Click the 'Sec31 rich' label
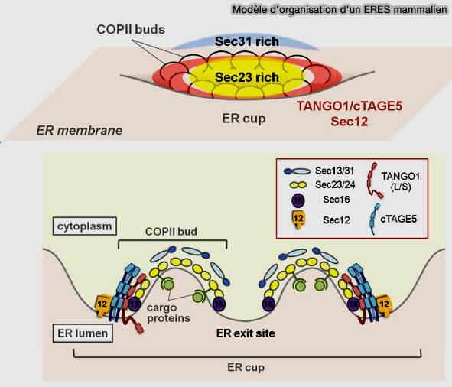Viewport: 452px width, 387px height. point(247,41)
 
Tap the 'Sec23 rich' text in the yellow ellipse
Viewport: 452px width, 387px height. point(247,77)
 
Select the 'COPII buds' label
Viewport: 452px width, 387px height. point(131,29)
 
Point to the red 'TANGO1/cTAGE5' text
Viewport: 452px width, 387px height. point(350,106)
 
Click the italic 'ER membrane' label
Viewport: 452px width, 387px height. point(80,130)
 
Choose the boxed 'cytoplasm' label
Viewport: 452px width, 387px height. point(85,226)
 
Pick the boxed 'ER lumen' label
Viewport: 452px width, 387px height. point(83,333)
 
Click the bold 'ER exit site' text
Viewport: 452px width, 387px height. point(246,333)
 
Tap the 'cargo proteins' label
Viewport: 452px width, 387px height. point(168,313)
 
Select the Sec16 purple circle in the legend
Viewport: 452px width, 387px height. point(298,200)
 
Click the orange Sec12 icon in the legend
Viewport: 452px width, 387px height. point(298,220)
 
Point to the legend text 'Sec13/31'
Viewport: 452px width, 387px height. point(334,171)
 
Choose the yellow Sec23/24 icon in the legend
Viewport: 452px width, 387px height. point(298,184)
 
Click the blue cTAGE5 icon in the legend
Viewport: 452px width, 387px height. point(375,220)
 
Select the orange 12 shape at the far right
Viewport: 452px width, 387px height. point(384,304)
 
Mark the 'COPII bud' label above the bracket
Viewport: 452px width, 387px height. point(171,232)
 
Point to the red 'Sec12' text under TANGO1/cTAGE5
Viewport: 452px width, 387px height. point(350,122)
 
